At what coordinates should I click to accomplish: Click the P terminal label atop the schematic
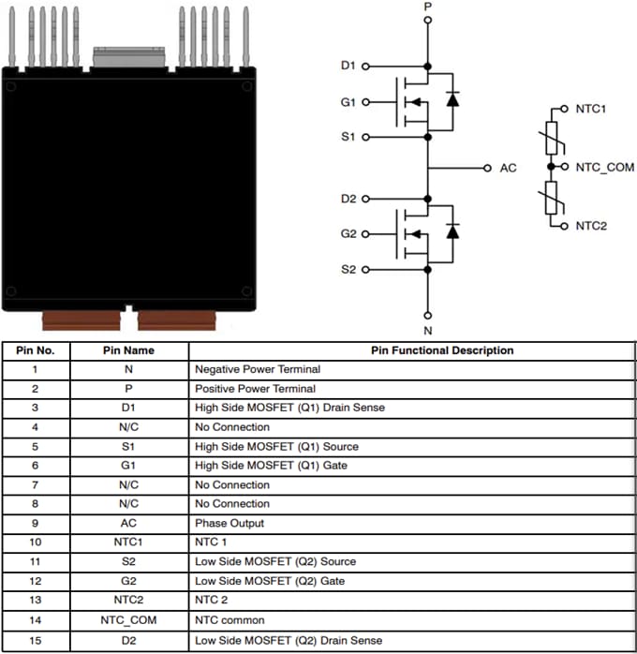pos(428,7)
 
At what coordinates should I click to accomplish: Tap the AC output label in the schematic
pos(508,168)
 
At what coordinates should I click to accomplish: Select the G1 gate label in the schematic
pos(348,101)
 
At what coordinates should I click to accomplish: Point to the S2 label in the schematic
pos(348,270)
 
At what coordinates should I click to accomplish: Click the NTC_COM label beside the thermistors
pos(604,167)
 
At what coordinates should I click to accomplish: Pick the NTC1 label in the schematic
pos(591,109)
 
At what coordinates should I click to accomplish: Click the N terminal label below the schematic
pos(428,330)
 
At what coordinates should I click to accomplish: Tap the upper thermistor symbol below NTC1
pos(552,138)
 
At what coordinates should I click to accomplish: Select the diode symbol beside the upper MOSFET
pos(452,99)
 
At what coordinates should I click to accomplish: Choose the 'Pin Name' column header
pos(128,350)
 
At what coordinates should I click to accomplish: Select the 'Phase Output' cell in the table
pos(229,523)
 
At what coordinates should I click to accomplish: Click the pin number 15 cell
pos(35,639)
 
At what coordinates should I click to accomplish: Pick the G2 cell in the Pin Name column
pos(128,581)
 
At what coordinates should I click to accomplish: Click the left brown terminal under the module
pos(81,320)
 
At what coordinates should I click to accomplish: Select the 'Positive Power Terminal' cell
pos(255,388)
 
